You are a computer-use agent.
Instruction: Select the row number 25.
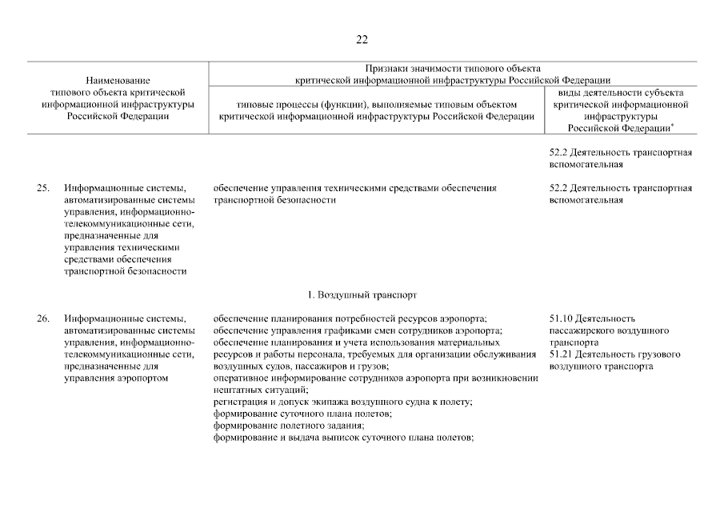pyautogui.click(x=42, y=189)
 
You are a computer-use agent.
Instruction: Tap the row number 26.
pyautogui.click(x=42, y=319)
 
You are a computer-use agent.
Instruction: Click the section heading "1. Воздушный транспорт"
pyautogui.click(x=362, y=295)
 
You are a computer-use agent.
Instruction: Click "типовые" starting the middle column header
pyautogui.click(x=256, y=105)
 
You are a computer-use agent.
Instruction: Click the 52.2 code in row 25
pyautogui.click(x=562, y=189)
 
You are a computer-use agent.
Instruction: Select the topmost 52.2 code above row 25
pyautogui.click(x=562, y=153)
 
